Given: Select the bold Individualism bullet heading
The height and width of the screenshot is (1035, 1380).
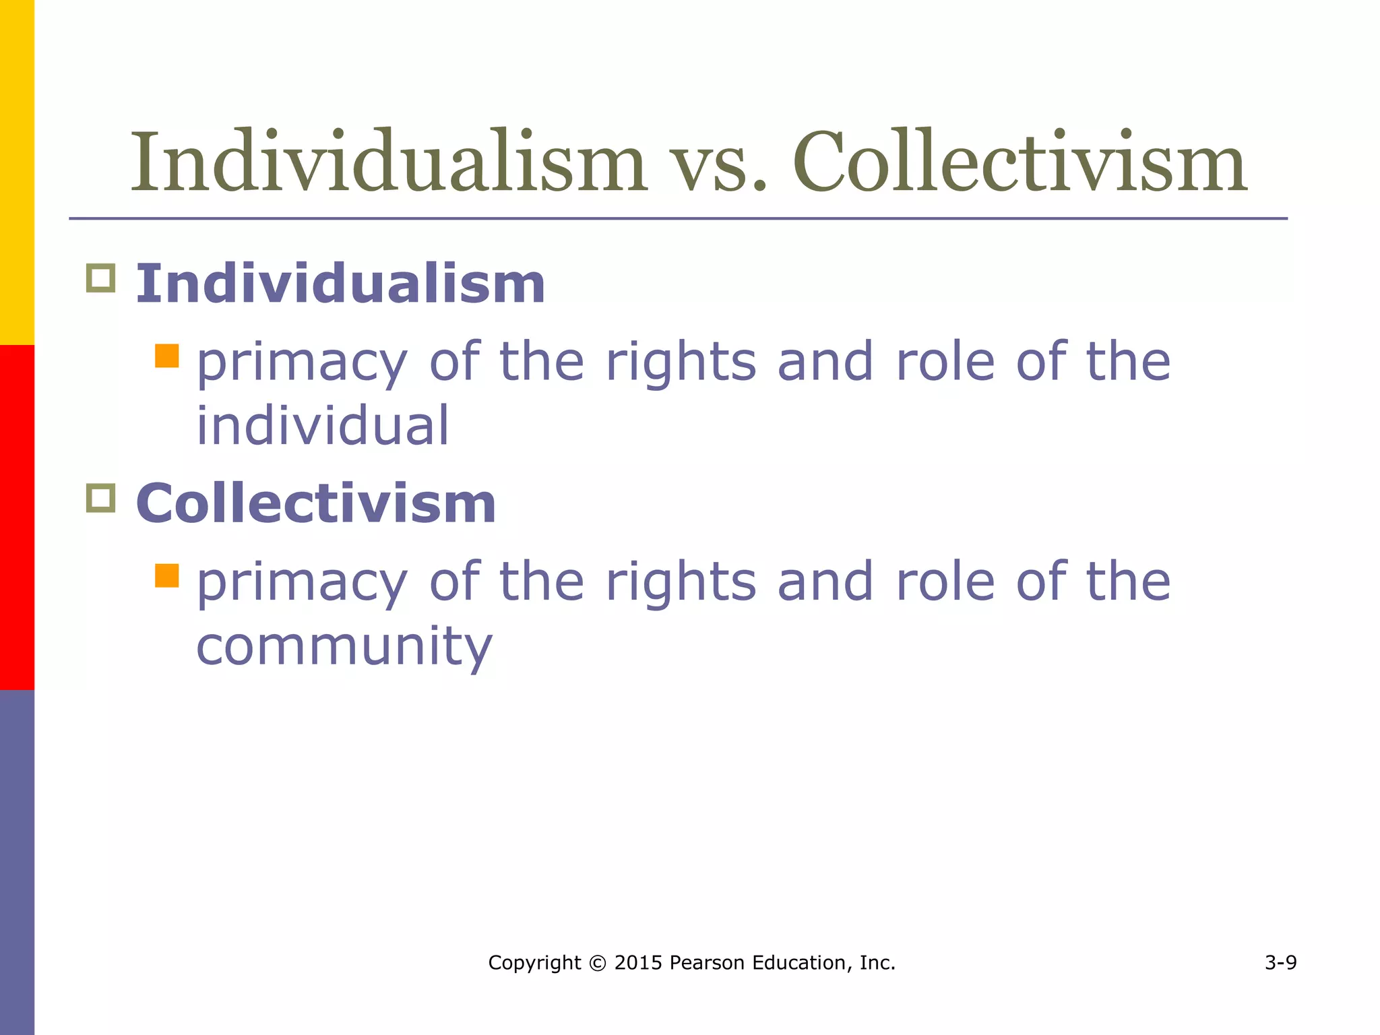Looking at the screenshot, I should tap(340, 284).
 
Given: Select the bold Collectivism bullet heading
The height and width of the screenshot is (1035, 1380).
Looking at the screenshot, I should tap(316, 503).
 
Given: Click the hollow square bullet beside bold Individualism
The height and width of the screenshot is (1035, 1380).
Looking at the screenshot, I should tap(101, 278).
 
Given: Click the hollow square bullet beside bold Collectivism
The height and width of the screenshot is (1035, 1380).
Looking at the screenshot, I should tap(101, 498).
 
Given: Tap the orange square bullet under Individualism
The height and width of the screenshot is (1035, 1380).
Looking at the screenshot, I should tap(166, 356).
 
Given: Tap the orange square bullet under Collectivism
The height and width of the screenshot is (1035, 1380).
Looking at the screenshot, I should tap(166, 576).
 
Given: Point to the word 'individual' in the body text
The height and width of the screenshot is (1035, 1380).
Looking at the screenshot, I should tap(322, 426).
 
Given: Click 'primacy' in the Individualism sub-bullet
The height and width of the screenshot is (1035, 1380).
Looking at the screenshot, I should tap(302, 364).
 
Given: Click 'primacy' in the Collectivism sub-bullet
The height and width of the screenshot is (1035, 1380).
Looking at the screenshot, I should tap(302, 584).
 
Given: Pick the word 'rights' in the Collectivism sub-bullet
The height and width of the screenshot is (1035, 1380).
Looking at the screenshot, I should tap(681, 583).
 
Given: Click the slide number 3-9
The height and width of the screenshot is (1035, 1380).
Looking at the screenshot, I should tap(1280, 963).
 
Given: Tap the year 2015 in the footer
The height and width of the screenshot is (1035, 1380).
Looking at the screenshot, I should tap(638, 963).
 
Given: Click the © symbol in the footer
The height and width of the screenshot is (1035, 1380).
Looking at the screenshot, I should tap(597, 963).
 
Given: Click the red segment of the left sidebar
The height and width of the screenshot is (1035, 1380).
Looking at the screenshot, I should tap(17, 517).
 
